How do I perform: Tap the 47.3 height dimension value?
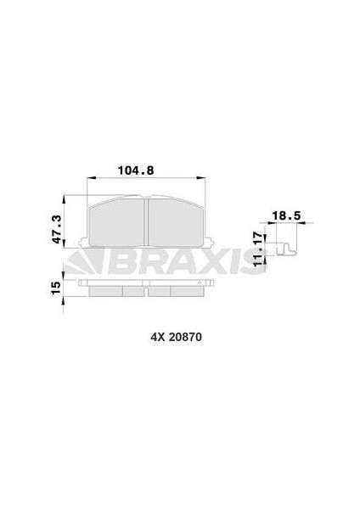pos(57,228)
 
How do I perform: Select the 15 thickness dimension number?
pos(56,289)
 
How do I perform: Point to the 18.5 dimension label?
pos(282,216)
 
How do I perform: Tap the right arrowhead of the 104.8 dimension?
pos(203,178)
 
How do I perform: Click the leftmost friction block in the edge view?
pos(105,290)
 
